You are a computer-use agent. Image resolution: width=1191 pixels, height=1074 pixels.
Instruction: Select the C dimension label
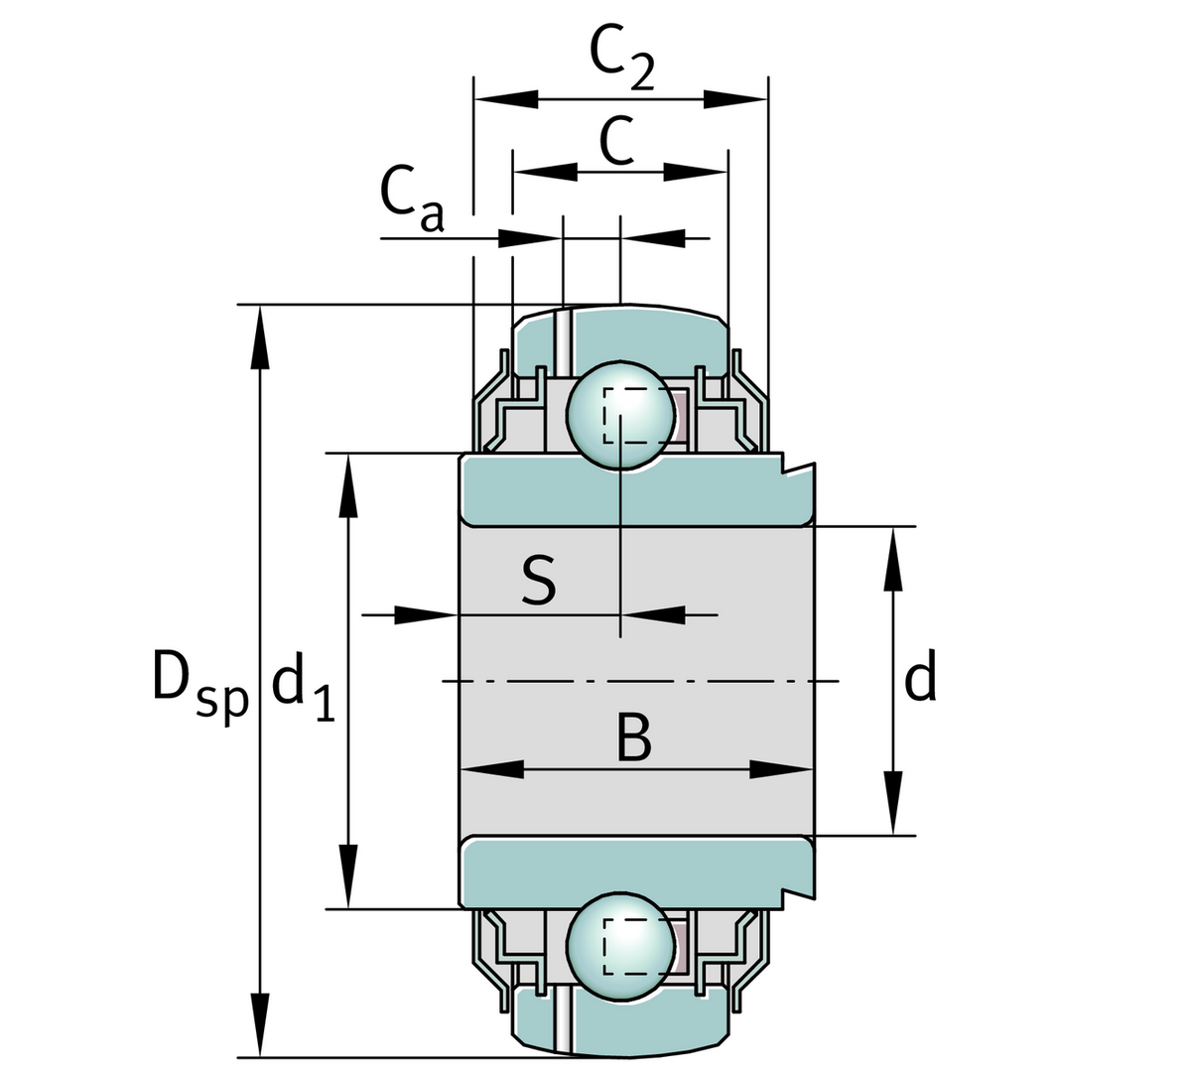point(616,142)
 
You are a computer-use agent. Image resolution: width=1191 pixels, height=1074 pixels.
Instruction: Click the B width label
point(632,738)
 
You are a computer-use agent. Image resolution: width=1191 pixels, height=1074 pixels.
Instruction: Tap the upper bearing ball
point(617,414)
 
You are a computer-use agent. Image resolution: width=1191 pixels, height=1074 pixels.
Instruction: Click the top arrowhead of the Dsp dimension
point(260,337)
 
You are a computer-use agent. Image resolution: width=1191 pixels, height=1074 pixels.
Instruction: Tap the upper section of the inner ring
point(635,490)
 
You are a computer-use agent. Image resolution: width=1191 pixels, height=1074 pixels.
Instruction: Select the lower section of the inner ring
point(635,872)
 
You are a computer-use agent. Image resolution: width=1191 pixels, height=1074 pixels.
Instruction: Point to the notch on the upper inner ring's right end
point(794,467)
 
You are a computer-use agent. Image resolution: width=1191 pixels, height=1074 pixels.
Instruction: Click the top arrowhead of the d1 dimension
point(348,486)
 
